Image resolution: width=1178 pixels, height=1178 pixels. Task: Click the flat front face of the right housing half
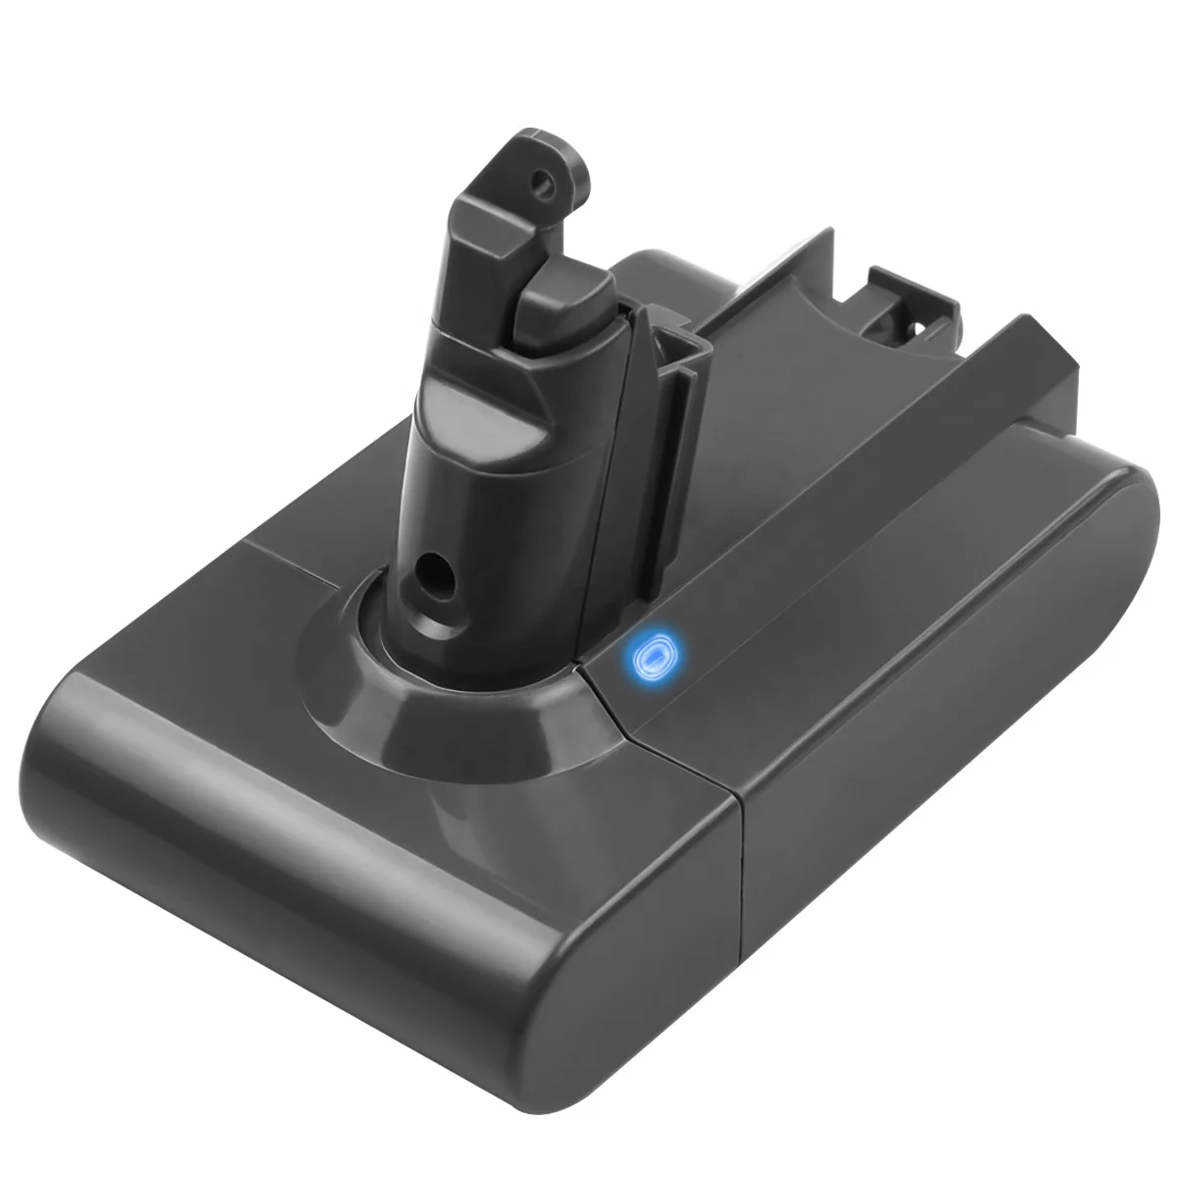pyautogui.click(x=913, y=785)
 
